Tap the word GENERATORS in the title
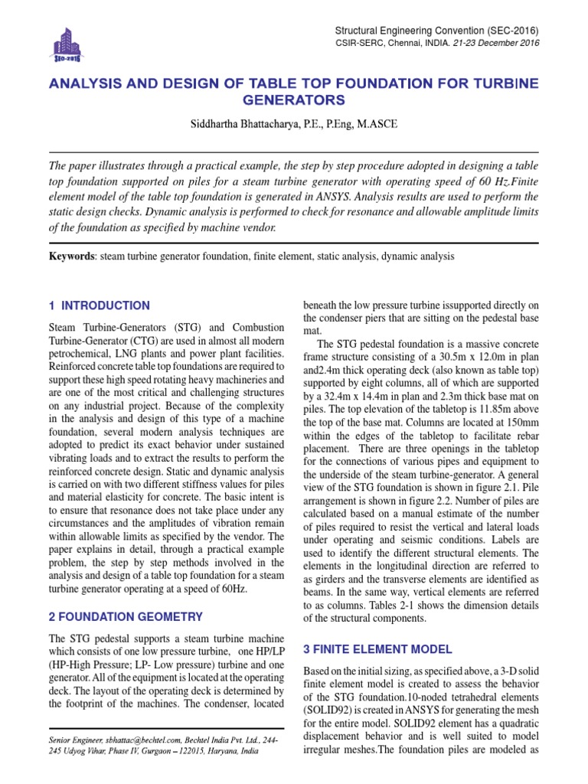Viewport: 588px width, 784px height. [294, 100]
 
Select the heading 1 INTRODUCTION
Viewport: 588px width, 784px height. [100, 305]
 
